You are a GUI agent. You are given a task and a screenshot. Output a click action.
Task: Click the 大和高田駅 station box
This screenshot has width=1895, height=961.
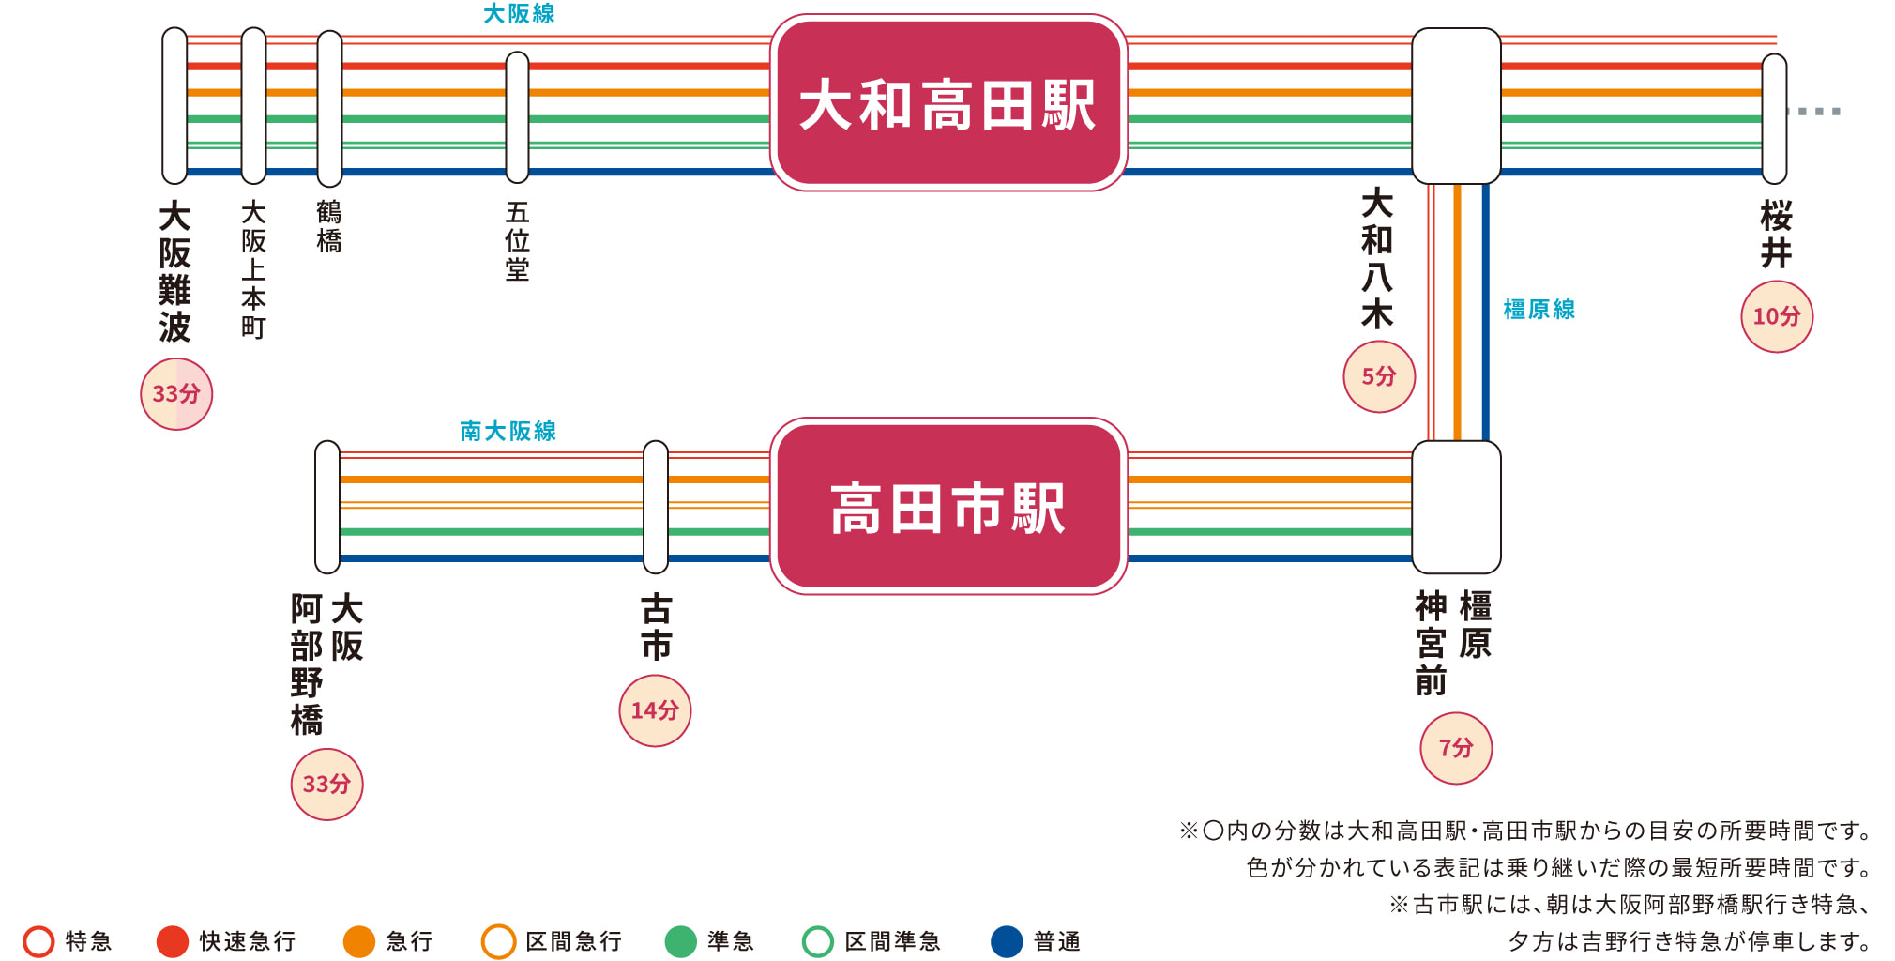coord(947,103)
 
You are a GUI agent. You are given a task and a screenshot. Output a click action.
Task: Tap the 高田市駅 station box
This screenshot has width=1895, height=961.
coord(947,507)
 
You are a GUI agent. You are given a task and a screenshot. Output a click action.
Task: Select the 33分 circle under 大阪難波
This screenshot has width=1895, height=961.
coord(176,394)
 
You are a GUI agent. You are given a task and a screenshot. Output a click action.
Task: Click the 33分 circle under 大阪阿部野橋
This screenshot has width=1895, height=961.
coord(326,785)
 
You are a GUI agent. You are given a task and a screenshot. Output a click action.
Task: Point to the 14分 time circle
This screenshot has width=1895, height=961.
coord(655,710)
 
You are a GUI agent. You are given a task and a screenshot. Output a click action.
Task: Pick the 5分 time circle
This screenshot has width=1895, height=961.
coord(1379,376)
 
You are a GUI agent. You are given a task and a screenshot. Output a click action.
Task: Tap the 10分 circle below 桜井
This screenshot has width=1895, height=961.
coord(1777,316)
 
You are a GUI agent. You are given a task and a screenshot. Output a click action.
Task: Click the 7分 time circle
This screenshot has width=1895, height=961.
coord(1456,748)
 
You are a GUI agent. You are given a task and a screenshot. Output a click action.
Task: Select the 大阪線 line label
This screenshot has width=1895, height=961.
coord(519,14)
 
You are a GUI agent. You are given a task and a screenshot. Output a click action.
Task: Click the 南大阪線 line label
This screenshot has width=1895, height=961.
coord(508,431)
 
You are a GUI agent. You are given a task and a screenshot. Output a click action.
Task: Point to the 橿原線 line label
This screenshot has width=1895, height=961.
coord(1539,310)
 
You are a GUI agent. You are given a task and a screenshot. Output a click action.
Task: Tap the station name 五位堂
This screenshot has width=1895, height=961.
coord(517,241)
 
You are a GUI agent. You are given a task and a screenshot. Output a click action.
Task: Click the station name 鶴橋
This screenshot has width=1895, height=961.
coord(329,226)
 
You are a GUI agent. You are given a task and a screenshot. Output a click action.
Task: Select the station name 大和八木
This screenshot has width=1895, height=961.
coord(1377,258)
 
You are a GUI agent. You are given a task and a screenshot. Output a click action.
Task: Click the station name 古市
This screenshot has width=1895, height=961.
coord(656,627)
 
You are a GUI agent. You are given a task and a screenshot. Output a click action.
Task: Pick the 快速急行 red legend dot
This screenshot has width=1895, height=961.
coord(173,941)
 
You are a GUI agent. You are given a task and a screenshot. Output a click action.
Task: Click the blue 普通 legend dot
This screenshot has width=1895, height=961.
coord(1007,941)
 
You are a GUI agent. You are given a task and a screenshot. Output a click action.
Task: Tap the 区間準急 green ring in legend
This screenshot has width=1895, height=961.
coord(818,941)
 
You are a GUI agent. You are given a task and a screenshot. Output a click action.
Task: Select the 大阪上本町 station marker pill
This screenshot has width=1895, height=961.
coord(253,105)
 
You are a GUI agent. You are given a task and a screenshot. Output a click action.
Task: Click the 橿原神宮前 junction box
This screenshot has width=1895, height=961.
coord(1456,507)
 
